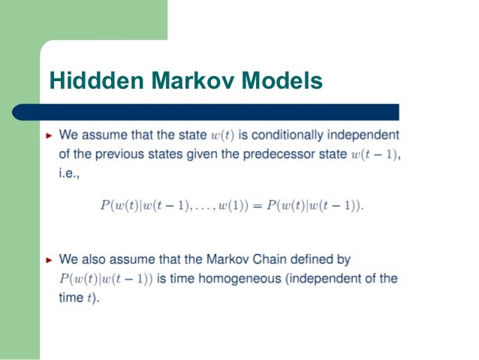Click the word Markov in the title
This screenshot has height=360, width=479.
(x=188, y=80)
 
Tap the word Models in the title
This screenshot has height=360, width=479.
(x=282, y=80)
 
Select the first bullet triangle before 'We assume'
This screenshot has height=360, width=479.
(x=50, y=136)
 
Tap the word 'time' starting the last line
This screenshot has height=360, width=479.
(x=71, y=297)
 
